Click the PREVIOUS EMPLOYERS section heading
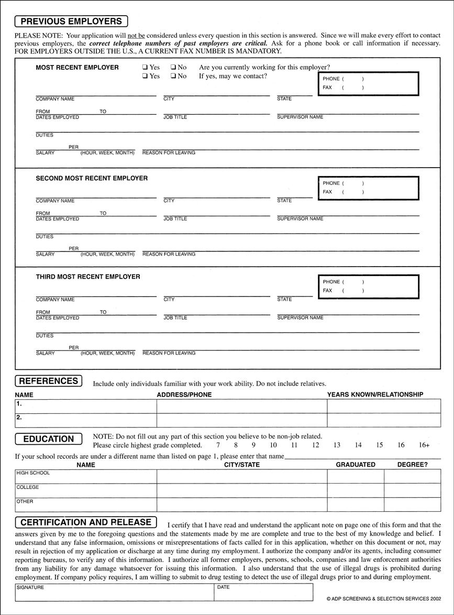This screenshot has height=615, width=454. point(71,21)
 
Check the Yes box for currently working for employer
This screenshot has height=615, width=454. point(145,68)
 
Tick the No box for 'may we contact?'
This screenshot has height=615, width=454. point(173,76)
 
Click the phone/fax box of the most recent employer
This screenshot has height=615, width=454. point(368,83)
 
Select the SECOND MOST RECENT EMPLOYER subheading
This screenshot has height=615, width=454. point(92,178)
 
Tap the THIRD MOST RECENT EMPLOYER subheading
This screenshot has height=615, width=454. point(88,277)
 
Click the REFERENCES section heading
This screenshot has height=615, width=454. point(49,381)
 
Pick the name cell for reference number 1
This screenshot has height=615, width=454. point(86,406)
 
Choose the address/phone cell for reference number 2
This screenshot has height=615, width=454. point(242,420)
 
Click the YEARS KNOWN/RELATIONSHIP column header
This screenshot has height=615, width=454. point(375,394)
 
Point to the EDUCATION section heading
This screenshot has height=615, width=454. point(49,439)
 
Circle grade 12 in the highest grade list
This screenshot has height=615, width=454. point(315,445)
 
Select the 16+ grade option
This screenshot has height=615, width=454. point(424,445)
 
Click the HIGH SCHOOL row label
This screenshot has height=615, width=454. point(33,473)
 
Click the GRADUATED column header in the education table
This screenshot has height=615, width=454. point(356,465)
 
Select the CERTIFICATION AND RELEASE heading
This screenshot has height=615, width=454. point(86,522)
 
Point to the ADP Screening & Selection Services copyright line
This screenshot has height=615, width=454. point(383,598)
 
